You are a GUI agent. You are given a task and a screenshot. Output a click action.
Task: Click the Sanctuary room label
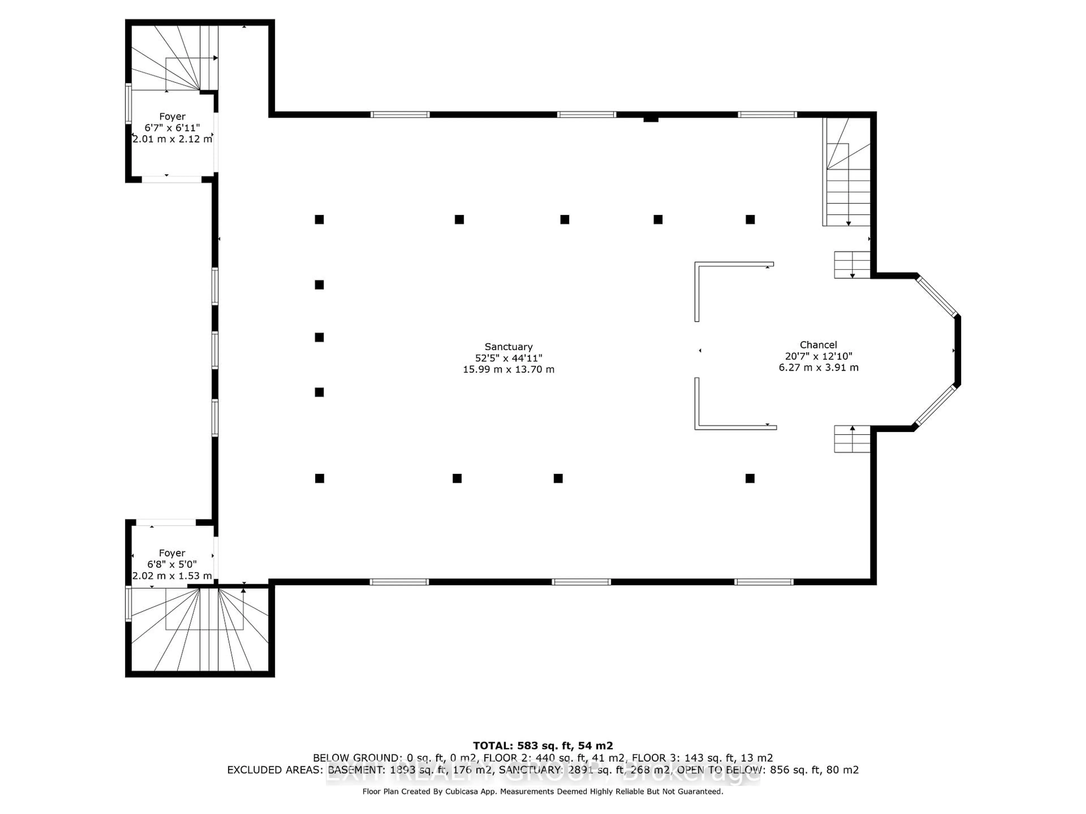click(508, 347)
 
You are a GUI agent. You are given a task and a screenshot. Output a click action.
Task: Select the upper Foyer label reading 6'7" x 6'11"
click(172, 127)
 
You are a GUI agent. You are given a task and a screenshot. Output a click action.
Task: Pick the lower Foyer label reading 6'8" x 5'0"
click(172, 564)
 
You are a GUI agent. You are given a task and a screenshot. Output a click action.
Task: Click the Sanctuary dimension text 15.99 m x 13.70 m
click(508, 369)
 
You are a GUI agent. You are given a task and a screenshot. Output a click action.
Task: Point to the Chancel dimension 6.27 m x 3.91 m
click(818, 367)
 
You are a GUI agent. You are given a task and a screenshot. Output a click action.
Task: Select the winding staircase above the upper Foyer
click(174, 59)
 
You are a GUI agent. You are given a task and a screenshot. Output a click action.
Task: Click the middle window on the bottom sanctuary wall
click(581, 582)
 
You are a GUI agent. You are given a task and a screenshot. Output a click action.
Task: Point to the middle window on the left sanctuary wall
click(215, 350)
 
